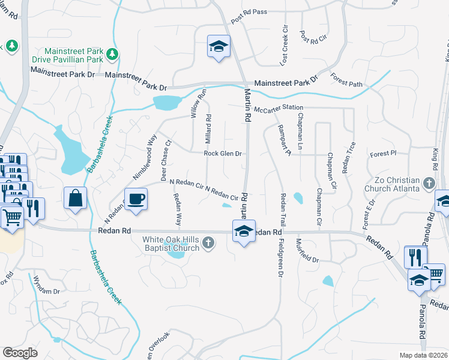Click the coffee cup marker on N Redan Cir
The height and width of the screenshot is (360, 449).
pyautogui.click(x=136, y=199)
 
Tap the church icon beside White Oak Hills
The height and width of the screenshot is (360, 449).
pyautogui.click(x=208, y=243)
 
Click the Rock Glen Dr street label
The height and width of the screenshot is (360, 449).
pyautogui.click(x=223, y=154)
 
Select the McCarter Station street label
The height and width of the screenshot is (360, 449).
pyautogui.click(x=278, y=108)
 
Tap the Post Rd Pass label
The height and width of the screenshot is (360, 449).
pyautogui.click(x=249, y=12)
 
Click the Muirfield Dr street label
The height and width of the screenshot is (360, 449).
pyautogui.click(x=306, y=251)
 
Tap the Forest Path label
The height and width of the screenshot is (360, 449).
pyautogui.click(x=346, y=80)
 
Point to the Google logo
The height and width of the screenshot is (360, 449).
pyautogui.click(x=20, y=353)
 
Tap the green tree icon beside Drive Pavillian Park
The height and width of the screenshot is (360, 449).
pyautogui.click(x=112, y=55)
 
